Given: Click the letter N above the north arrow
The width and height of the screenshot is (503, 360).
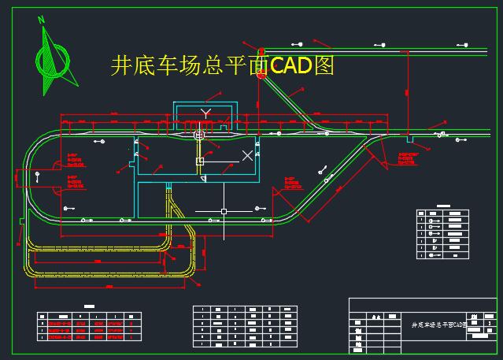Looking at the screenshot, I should [x=41, y=20].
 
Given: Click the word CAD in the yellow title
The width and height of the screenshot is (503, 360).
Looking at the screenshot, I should [x=290, y=65].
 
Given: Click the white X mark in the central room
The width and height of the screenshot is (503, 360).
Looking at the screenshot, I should [x=247, y=155].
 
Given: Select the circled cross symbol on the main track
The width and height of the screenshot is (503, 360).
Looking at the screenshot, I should [x=199, y=135].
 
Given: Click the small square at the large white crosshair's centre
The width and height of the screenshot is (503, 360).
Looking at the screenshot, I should [x=224, y=211].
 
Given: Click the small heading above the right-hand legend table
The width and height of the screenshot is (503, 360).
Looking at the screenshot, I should [x=442, y=206].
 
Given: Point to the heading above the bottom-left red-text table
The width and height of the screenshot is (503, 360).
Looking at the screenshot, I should [x=89, y=306].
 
